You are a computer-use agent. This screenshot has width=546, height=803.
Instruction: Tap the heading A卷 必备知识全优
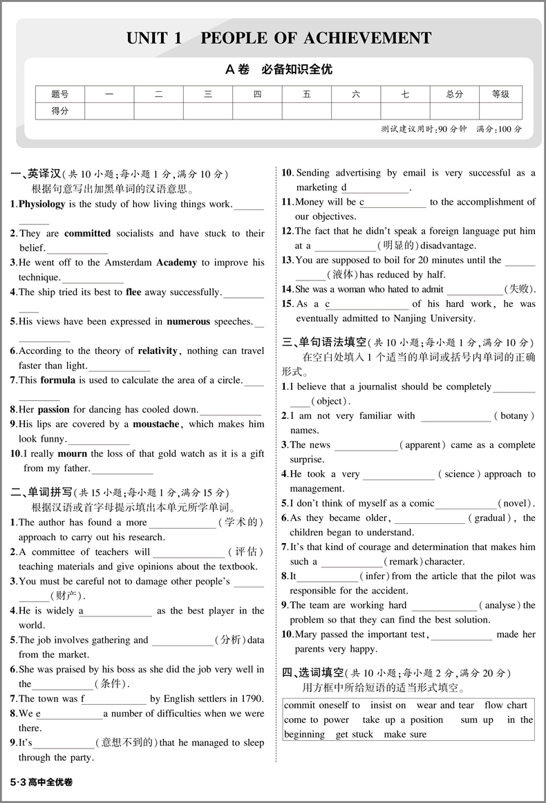[x=279, y=70]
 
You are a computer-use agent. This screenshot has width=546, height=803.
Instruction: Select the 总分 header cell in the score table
[x=454, y=94]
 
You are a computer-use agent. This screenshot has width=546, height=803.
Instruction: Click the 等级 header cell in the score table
[x=500, y=94]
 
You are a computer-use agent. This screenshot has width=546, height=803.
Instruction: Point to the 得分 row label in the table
[x=60, y=111]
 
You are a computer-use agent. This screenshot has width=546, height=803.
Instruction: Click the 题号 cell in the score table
[x=60, y=94]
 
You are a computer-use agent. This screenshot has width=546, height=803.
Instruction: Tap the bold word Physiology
[x=42, y=204]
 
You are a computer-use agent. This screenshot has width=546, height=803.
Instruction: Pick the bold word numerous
[x=193, y=321]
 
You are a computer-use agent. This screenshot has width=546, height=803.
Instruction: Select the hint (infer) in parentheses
[x=375, y=576]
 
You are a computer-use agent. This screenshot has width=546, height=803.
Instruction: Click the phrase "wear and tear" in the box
[x=446, y=705]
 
